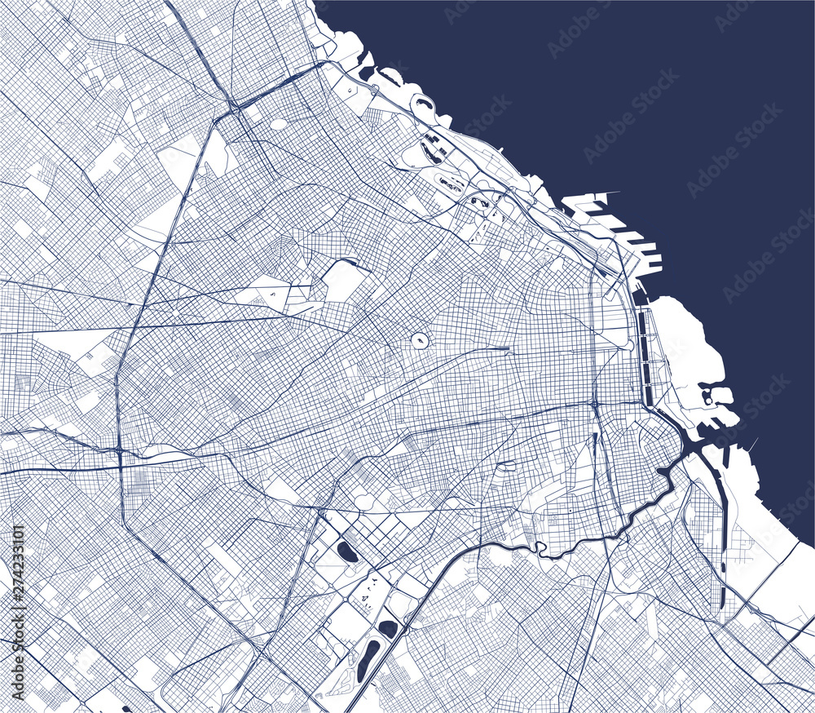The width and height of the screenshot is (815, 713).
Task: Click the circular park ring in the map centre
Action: coord(421,340)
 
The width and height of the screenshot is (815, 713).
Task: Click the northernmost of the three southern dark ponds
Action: coord(347,552)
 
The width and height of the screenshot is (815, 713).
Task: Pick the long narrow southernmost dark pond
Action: coord(368,660)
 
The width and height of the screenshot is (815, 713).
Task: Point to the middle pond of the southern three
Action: coord(388,628)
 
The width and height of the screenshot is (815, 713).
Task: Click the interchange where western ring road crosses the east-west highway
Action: coord(120,450)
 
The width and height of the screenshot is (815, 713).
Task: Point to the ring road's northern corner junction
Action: coord(233,106)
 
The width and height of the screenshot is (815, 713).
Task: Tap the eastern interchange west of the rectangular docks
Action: coord(595,404)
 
